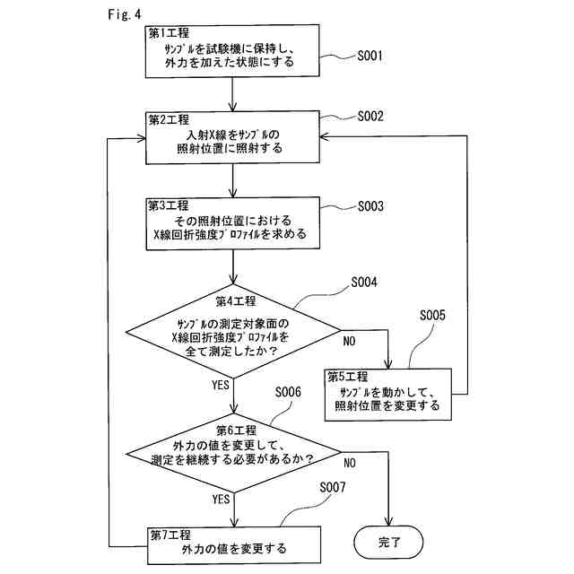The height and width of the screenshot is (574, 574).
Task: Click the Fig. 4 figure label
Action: [x=124, y=14]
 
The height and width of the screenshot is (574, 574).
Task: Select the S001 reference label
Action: [x=370, y=56]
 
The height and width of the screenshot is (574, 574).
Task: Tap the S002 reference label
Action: [x=370, y=117]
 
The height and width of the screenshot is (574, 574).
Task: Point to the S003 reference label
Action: [x=370, y=206]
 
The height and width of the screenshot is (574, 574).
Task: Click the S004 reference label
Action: [x=364, y=283]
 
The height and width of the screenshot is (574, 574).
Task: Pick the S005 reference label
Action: [x=432, y=315]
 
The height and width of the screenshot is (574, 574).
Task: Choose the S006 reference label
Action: [x=288, y=393]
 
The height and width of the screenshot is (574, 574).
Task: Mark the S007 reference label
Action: [x=333, y=487]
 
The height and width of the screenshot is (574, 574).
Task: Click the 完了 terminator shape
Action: [x=388, y=542]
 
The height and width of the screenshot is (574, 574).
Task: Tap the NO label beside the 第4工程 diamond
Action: [x=349, y=341]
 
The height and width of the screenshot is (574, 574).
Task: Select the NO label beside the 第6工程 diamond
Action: [x=350, y=463]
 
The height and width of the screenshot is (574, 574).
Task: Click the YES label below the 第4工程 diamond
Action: [x=221, y=385]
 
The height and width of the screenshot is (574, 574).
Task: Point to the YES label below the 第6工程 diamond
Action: [x=222, y=499]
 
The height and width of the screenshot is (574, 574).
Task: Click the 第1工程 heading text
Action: [x=169, y=33]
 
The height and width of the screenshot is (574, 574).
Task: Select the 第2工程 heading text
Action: [x=169, y=119]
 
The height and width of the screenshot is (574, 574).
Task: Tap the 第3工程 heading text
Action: [x=169, y=205]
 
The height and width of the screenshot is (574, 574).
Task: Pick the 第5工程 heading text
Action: [x=348, y=377]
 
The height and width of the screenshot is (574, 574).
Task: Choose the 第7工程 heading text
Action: [x=170, y=535]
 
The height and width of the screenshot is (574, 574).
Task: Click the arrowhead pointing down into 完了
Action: [x=388, y=521]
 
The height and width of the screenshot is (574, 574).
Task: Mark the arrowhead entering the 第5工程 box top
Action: [x=388, y=364]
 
